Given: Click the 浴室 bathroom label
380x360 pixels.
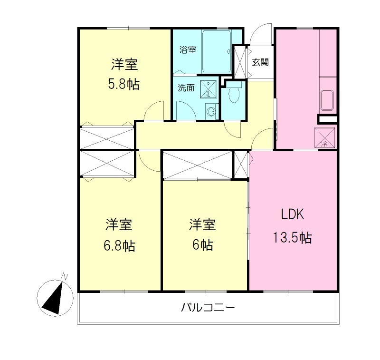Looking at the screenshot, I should [x=188, y=50].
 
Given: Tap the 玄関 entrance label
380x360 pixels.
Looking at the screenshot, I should [x=261, y=61].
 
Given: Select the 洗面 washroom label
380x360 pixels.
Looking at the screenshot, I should [x=186, y=88].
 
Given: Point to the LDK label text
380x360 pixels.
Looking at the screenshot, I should [x=291, y=215].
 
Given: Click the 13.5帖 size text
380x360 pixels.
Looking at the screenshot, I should [x=292, y=237].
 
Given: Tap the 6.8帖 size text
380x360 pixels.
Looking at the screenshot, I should [x=119, y=245].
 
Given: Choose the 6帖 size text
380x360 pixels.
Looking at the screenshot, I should [x=203, y=245].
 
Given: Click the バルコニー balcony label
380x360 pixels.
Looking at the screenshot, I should [x=208, y=308].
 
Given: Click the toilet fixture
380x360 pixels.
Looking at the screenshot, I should [x=233, y=95].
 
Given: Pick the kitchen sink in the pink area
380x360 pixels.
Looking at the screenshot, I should [x=328, y=100].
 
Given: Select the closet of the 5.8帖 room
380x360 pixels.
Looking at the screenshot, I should [x=107, y=137].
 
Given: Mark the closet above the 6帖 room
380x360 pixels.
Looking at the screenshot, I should [x=198, y=165].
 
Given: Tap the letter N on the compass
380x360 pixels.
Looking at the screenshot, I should [x=65, y=276].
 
